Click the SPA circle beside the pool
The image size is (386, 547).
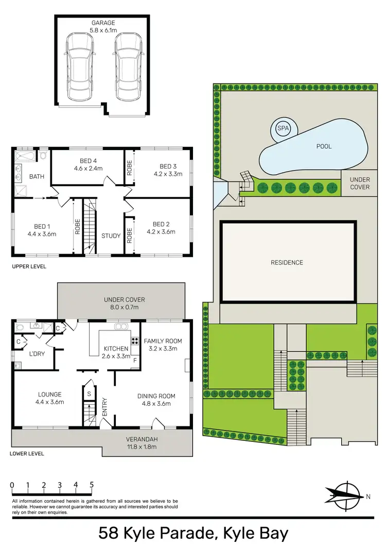(283, 128)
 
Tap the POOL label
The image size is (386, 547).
(324, 146)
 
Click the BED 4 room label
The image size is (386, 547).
(89, 160)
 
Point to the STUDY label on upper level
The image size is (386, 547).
(111, 236)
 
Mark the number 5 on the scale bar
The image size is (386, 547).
(92, 485)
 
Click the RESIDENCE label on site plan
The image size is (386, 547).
(287, 262)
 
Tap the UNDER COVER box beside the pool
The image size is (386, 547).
(360, 184)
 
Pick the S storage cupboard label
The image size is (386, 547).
(89, 393)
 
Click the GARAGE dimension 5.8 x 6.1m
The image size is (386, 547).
(103, 30)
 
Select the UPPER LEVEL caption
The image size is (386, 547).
(29, 267)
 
